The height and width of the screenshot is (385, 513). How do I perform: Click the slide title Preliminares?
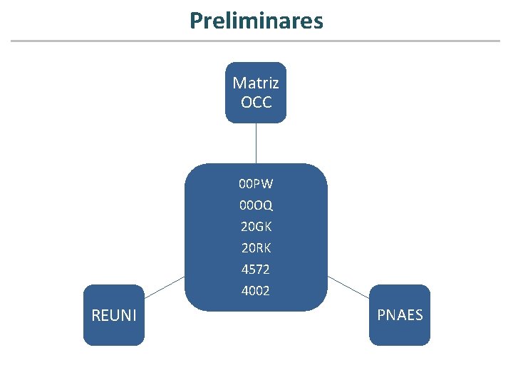click(256, 21)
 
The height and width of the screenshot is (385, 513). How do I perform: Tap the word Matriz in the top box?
click(256, 83)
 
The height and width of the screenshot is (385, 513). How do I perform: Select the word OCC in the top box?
click(256, 103)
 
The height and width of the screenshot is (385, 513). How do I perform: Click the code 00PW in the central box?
click(256, 184)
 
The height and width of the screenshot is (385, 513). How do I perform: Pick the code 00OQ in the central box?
click(256, 205)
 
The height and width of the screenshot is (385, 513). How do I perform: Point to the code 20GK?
click(256, 227)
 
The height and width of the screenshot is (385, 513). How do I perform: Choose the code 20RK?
click(256, 248)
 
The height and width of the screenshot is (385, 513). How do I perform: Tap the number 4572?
click(256, 269)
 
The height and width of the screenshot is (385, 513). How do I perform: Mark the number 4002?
click(256, 291)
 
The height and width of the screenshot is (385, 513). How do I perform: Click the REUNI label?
click(114, 315)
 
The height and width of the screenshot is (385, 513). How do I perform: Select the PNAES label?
click(400, 315)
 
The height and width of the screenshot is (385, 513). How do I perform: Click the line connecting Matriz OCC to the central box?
click(256, 143)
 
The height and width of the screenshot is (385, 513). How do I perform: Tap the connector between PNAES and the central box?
click(349, 287)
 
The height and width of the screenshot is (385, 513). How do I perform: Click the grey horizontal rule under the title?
click(256, 41)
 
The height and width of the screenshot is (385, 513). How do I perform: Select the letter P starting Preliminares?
click(195, 21)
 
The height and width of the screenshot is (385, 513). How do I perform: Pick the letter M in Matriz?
click(239, 83)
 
